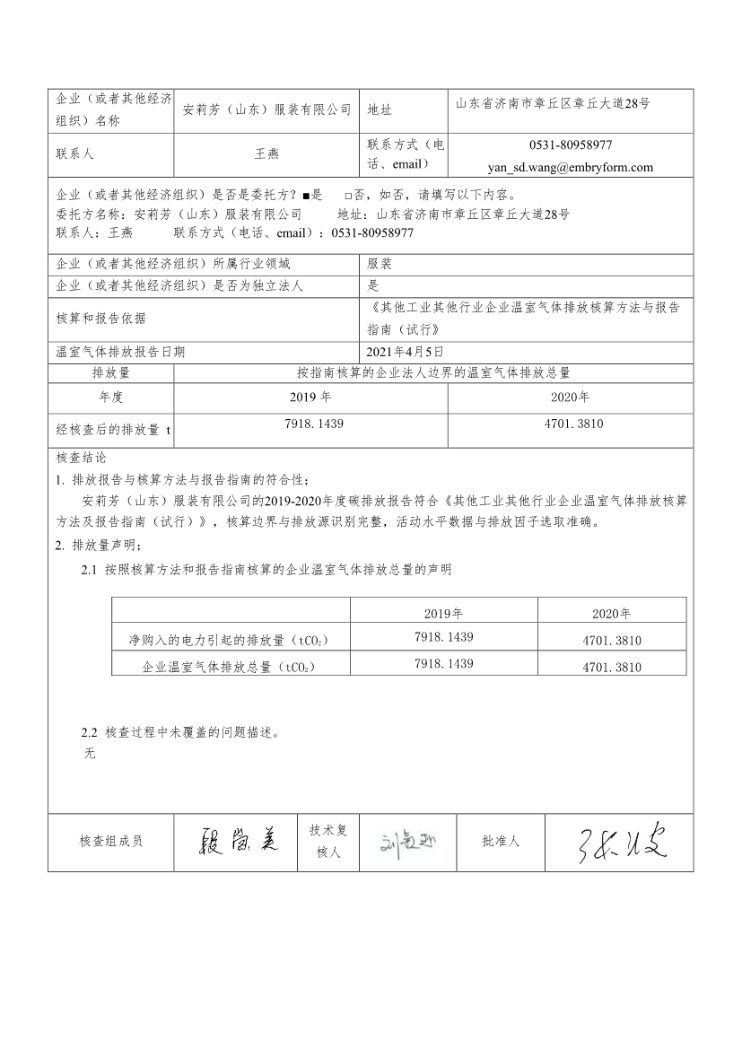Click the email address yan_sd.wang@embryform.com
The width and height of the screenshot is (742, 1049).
[x=570, y=167]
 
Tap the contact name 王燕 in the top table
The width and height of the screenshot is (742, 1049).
[x=267, y=154]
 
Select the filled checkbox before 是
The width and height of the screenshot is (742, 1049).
[x=306, y=196]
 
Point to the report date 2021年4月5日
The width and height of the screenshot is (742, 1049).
[x=405, y=353]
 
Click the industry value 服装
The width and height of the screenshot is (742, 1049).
[x=380, y=265]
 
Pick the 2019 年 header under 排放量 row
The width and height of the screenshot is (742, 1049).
[x=310, y=398]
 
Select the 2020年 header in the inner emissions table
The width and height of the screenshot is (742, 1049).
[x=611, y=614]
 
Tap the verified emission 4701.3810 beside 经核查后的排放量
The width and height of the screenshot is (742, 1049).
[x=572, y=422]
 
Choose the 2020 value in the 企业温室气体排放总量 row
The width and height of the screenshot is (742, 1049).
[x=611, y=668]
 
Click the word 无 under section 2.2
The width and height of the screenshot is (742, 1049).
[x=88, y=754]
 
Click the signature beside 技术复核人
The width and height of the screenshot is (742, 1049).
[x=407, y=842]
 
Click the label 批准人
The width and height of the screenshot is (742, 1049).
[x=501, y=842]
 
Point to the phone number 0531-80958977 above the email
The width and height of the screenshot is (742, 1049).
[x=571, y=145]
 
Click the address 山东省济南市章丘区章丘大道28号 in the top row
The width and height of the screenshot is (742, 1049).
[x=553, y=103]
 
